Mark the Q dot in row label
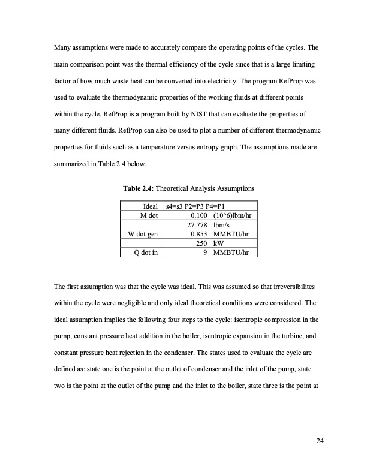(x=146, y=252)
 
